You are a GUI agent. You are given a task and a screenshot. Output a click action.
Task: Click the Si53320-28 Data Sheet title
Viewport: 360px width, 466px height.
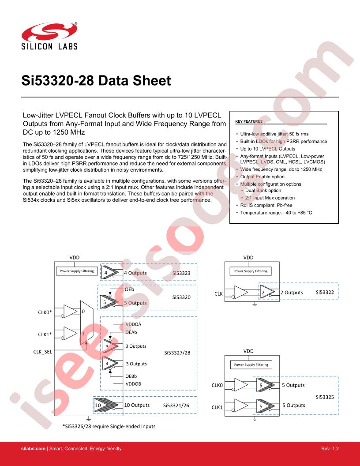pos(96,81)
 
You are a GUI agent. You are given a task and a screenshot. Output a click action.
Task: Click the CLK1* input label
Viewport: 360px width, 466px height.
pos(45,334)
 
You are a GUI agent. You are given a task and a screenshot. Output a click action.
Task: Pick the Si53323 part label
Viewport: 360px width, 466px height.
pos(181,273)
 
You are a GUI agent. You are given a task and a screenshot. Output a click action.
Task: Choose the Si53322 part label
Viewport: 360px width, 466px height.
pos(327,292)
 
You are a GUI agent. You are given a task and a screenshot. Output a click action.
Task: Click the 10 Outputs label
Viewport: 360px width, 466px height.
pos(136,405)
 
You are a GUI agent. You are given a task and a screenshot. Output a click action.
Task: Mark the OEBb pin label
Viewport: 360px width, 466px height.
pos(132,376)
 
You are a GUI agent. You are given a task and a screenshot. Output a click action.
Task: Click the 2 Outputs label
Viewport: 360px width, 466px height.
pos(292,292)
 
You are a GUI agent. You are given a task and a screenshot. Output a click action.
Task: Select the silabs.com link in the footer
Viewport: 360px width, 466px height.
pos(34,448)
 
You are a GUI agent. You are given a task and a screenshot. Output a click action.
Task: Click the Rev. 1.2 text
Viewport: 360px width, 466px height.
pos(331,448)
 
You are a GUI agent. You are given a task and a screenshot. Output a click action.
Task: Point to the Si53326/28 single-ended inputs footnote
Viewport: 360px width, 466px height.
pos(109,426)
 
